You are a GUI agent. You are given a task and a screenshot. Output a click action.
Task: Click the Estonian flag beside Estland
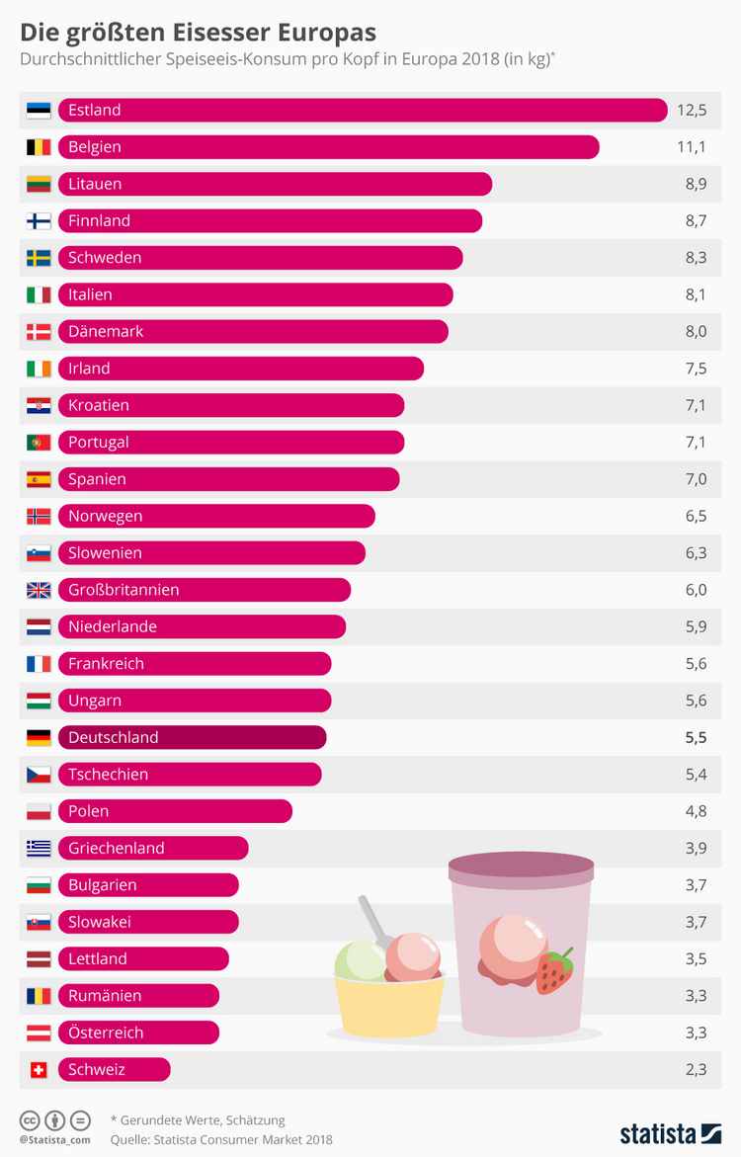tap(39, 110)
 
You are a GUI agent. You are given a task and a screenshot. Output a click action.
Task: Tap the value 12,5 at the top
tap(692, 110)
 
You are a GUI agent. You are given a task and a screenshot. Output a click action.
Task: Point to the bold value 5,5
tap(696, 737)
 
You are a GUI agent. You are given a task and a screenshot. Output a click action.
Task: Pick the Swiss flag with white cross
tap(39, 1069)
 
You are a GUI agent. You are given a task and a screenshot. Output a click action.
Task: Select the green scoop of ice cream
tap(360, 960)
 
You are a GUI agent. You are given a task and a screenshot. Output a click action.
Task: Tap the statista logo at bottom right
tap(670, 1132)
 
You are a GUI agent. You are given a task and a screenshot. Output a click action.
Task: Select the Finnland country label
tap(99, 220)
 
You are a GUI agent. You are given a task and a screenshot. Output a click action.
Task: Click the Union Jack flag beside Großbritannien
tap(39, 590)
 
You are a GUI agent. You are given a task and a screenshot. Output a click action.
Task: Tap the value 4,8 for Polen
tap(696, 811)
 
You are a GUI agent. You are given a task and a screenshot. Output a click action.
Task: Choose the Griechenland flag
tap(39, 848)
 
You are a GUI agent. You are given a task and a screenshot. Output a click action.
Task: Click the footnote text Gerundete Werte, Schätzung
tap(202, 1119)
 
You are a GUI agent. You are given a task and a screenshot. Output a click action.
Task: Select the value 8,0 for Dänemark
tap(696, 331)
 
